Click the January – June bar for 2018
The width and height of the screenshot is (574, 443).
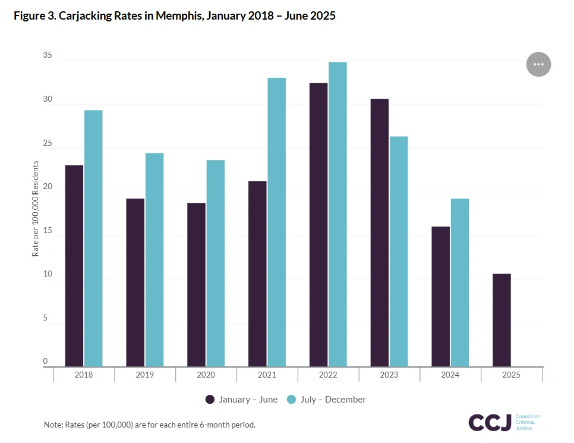click(x=74, y=266)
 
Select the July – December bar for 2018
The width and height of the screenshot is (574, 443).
click(x=93, y=238)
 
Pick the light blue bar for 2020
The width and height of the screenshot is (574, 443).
click(x=215, y=263)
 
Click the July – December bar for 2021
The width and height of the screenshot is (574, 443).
click(x=276, y=222)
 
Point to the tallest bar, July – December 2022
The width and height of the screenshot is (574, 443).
click(x=338, y=214)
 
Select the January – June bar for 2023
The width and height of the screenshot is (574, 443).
click(x=379, y=233)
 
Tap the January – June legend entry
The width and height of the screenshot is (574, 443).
click(x=242, y=400)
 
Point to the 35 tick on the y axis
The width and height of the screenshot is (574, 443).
click(x=47, y=56)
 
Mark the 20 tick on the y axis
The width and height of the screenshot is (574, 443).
click(x=47, y=187)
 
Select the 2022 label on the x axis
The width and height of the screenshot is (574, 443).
click(x=328, y=375)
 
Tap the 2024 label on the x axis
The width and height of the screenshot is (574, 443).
click(x=450, y=375)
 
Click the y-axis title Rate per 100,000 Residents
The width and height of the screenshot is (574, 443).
click(x=35, y=209)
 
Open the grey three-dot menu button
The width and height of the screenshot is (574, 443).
click(x=538, y=64)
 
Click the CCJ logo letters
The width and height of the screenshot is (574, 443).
click(x=490, y=422)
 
